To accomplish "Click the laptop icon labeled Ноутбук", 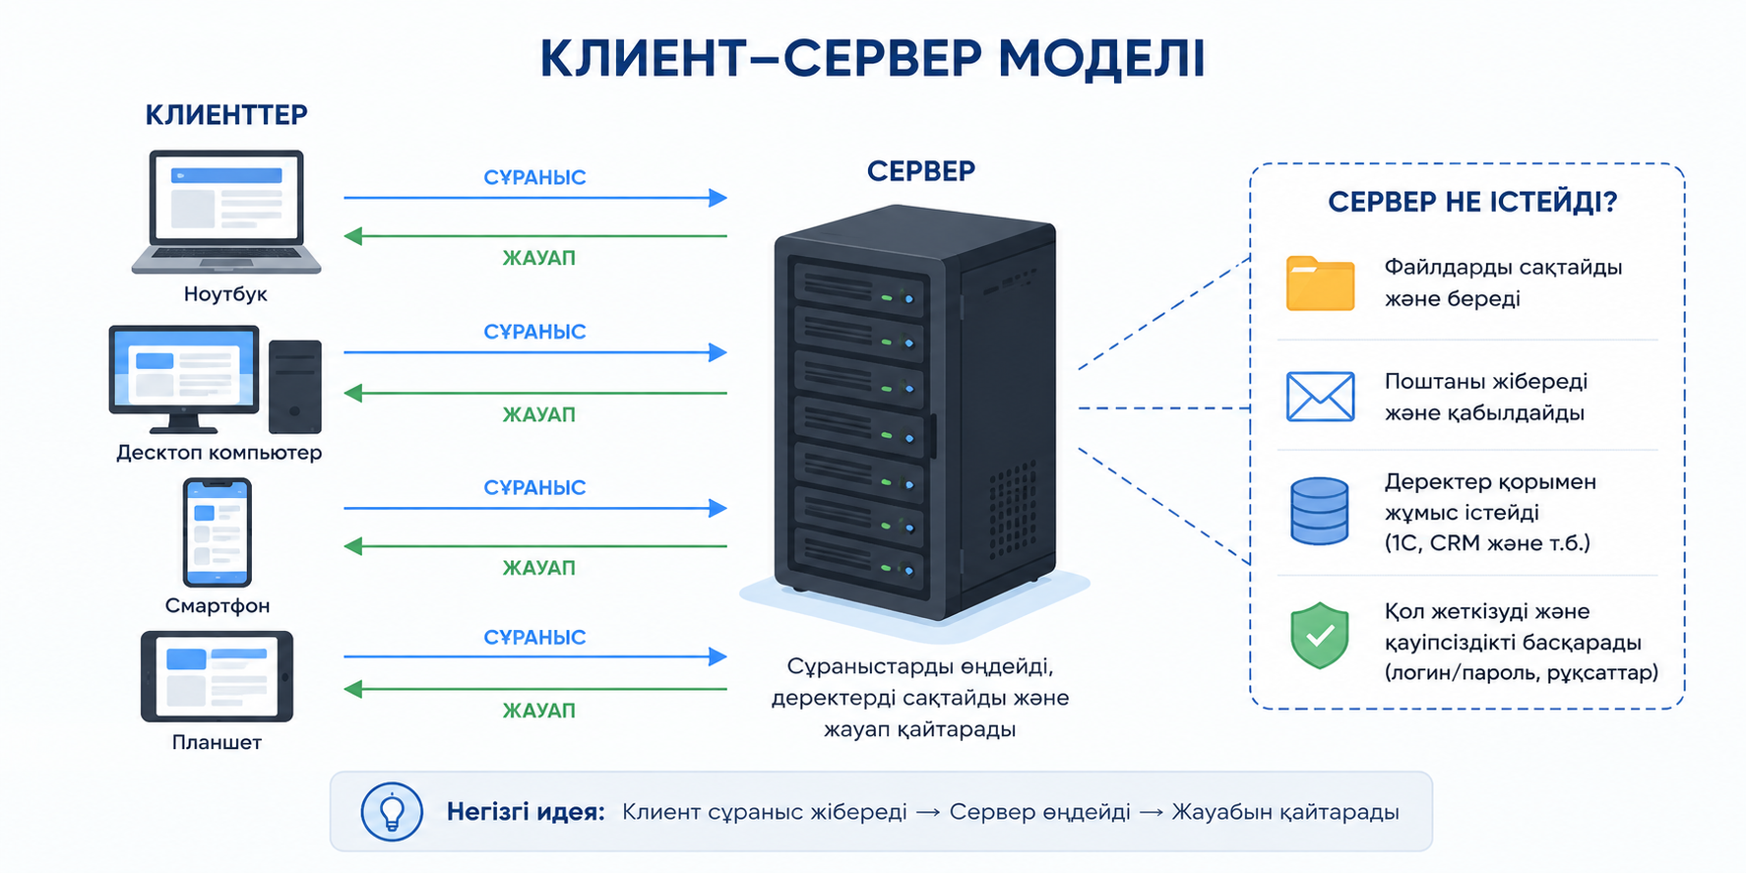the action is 226,212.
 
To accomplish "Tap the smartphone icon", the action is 218,532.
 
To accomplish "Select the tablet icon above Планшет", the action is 217,677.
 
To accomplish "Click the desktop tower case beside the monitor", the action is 295,387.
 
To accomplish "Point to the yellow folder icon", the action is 1320,283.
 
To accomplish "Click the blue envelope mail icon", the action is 1320,397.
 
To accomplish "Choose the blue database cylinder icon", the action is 1319,511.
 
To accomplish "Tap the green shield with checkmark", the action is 1319,636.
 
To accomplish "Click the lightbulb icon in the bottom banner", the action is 392,812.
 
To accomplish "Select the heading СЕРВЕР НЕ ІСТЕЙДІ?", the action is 1472,203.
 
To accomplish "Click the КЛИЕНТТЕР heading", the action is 226,115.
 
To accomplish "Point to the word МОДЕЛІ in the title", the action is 1101,58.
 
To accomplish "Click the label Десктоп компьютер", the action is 218,453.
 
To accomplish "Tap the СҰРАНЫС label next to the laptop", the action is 534,178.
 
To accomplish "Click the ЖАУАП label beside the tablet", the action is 538,711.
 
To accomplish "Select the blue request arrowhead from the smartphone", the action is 717,508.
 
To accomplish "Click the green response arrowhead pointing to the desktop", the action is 353,394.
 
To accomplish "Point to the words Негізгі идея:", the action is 526,812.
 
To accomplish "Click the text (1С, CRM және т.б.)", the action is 1487,543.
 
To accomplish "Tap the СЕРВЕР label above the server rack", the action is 921,171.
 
